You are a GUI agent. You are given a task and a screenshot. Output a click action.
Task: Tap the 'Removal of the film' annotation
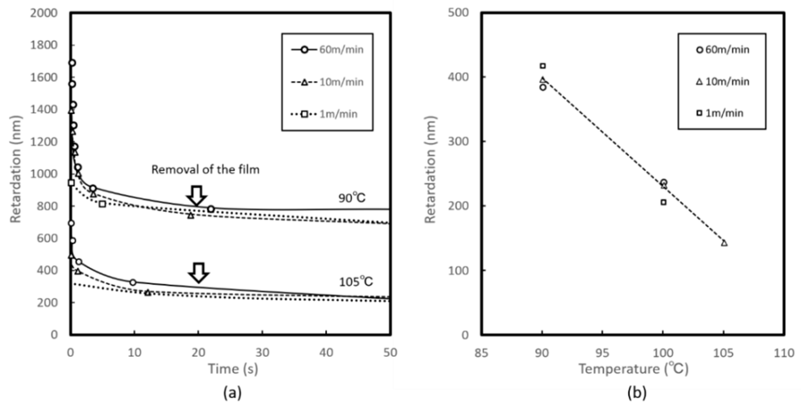[205, 169]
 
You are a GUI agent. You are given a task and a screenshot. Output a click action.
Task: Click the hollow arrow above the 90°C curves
[196, 196]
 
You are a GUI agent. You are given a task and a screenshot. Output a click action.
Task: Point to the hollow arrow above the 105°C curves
[198, 272]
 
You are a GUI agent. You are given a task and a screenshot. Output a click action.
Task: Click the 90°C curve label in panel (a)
[352, 198]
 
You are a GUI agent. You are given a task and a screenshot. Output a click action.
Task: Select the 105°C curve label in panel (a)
[356, 282]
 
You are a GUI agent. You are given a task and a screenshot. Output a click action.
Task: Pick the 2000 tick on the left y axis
[44, 13]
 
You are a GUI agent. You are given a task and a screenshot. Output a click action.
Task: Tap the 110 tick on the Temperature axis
[784, 353]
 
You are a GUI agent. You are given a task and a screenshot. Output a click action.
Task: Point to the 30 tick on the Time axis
[262, 353]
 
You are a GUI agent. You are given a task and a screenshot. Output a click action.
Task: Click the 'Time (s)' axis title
[233, 369]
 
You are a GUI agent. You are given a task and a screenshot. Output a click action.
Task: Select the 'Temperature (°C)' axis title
[634, 369]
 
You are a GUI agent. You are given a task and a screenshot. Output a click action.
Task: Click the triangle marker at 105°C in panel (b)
[724, 243]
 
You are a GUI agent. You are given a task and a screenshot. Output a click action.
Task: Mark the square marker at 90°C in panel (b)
[543, 66]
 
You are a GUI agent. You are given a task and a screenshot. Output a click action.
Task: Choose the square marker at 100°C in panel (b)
[664, 202]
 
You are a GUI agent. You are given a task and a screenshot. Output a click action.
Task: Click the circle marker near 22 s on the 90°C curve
[211, 209]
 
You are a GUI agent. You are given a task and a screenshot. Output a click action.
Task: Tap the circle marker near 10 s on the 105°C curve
[133, 282]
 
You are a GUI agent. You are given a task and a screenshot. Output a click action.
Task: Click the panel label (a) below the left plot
[232, 393]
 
